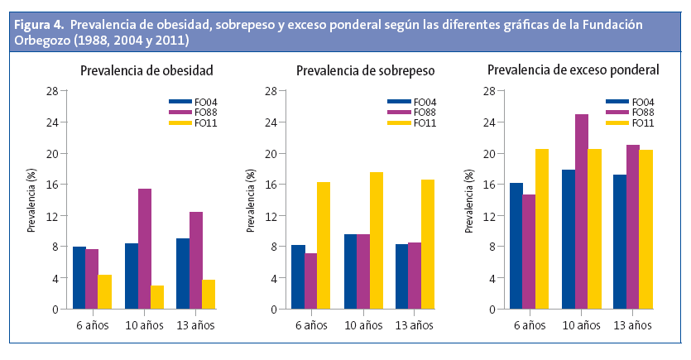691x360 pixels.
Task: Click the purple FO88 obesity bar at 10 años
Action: coord(145,249)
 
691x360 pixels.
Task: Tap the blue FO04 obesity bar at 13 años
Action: coord(184,274)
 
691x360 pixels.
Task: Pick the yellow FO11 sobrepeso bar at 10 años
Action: coord(377,241)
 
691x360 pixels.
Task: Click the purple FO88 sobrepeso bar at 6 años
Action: coord(310,281)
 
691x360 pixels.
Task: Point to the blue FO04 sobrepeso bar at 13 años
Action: coord(402,276)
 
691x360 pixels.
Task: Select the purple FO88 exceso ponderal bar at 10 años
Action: coord(582,212)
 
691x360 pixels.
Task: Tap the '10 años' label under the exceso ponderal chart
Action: coord(582,324)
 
